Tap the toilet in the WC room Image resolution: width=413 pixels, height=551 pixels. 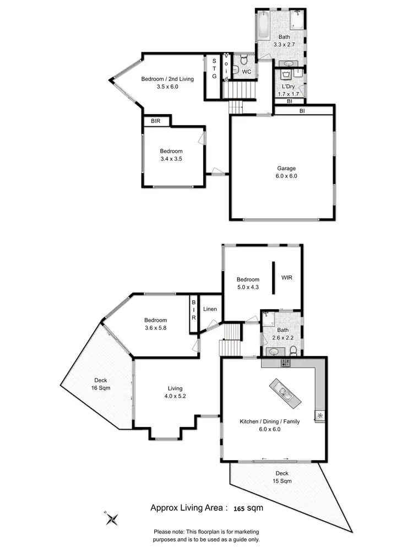(235, 69)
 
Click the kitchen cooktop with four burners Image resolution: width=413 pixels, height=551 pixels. (285, 363)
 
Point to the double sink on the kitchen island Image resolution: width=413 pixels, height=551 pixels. (285, 392)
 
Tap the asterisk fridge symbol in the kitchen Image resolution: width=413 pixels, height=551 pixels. (320, 414)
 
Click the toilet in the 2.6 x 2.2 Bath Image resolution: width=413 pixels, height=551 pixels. (294, 350)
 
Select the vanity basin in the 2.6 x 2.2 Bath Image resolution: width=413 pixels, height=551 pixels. (273, 351)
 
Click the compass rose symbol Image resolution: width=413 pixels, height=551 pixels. (113, 518)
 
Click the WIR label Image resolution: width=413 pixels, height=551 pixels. (287, 278)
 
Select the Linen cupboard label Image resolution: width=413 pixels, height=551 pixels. (210, 309)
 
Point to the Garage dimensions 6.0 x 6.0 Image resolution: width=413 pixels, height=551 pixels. (286, 176)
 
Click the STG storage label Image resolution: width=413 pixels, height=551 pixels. (214, 68)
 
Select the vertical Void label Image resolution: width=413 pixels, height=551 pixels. (226, 67)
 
